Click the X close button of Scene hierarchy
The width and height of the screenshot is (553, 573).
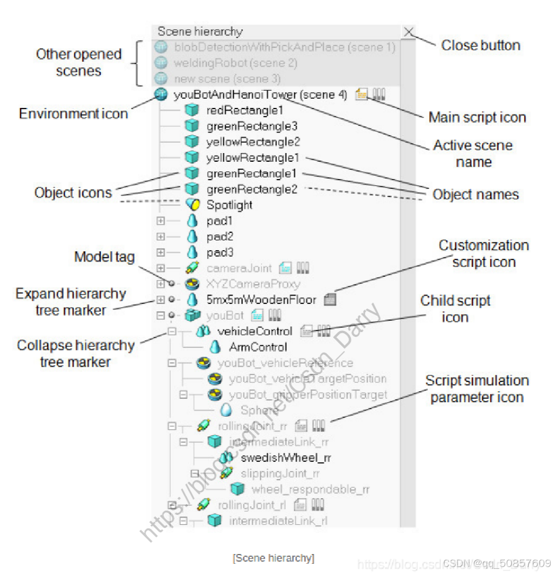point(409,32)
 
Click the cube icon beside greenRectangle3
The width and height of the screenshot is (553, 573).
point(191,126)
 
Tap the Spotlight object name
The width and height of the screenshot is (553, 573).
point(229,205)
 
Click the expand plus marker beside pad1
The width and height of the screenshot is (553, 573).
point(160,221)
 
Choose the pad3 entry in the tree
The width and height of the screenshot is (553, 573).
point(219,252)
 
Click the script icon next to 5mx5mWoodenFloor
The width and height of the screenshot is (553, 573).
point(330,300)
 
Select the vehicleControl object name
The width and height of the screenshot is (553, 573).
point(254,331)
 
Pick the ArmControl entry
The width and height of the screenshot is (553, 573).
point(258,347)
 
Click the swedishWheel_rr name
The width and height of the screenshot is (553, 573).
point(286,457)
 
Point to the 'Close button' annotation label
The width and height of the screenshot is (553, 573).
point(480,46)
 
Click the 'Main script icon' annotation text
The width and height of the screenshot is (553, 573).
point(477,117)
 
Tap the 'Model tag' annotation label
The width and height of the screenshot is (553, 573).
point(105,257)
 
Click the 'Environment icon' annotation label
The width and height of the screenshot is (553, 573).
point(73,113)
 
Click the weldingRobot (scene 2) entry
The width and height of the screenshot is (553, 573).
point(235,63)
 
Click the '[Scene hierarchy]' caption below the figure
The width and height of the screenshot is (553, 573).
point(273,558)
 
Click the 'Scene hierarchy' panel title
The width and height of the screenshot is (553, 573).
point(200,32)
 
